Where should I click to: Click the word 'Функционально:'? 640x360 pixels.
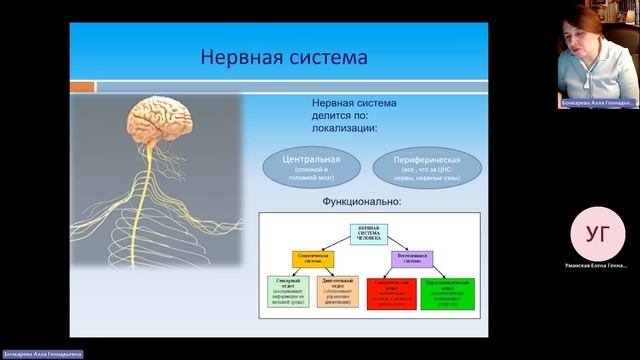[361, 201]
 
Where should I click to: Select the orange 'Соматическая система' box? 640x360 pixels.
[312, 258]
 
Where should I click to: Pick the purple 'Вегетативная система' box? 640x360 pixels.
[425, 258]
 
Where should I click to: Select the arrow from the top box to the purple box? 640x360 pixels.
[405, 243]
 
